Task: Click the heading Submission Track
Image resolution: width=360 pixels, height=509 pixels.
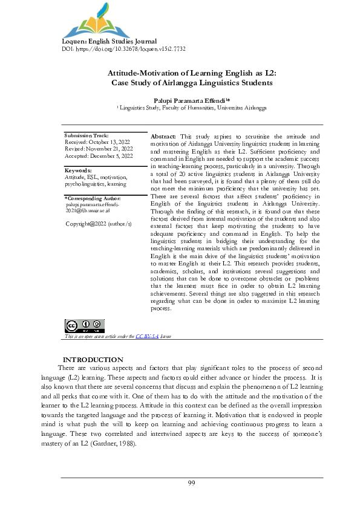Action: click(87, 135)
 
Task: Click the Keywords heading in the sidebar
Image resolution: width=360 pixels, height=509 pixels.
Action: click(77, 170)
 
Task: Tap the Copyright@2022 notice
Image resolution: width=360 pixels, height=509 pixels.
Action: click(98, 224)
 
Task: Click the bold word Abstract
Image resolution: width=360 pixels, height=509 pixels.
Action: click(163, 138)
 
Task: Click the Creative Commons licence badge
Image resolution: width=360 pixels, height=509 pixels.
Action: click(79, 326)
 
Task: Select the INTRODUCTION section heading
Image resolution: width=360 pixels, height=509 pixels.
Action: click(93, 360)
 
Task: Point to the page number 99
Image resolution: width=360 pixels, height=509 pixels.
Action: click(191, 482)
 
